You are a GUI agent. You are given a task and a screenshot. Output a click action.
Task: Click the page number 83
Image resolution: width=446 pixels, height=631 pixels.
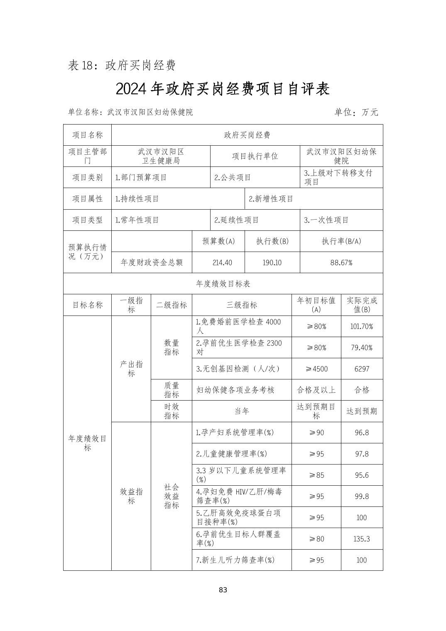coord(223,590)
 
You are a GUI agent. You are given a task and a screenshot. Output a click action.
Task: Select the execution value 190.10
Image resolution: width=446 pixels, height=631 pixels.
coord(272,262)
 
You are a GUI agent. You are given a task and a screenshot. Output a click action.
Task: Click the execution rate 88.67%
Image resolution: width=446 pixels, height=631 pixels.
coord(341,262)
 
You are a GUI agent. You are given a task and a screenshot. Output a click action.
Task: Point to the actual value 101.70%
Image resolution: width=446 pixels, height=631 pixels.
coord(361,326)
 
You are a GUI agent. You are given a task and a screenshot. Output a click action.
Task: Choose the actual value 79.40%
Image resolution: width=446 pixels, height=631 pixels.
coord(361,347)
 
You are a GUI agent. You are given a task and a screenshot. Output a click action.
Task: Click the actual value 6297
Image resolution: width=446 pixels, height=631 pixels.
coord(361,369)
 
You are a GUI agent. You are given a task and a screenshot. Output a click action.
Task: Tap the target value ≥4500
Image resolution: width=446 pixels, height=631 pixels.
coord(316,369)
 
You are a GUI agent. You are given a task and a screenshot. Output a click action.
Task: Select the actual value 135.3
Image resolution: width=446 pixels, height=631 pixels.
coord(361,539)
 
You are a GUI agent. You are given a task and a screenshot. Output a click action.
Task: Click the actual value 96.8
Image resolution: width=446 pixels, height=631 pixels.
coord(361,433)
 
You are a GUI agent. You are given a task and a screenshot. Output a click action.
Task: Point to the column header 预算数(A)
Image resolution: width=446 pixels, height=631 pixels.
coord(218,241)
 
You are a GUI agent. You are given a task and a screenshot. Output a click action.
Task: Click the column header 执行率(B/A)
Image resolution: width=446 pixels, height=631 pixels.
coord(341,241)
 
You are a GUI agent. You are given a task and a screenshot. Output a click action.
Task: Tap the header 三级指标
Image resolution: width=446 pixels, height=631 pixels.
coord(242,305)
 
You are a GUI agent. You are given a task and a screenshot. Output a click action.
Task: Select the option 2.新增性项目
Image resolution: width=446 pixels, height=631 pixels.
coord(271,199)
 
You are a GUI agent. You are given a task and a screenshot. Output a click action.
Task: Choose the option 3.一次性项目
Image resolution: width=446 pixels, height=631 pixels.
coord(326,220)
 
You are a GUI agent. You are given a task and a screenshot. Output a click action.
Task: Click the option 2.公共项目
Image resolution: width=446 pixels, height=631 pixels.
coord(233,178)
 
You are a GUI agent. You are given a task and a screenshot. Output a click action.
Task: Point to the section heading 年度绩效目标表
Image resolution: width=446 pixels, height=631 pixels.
coord(223,284)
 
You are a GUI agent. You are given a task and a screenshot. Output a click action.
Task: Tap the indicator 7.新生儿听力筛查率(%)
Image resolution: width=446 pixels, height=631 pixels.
coord(235,560)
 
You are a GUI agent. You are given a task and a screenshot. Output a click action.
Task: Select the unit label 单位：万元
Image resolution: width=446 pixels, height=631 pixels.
coord(356,112)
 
